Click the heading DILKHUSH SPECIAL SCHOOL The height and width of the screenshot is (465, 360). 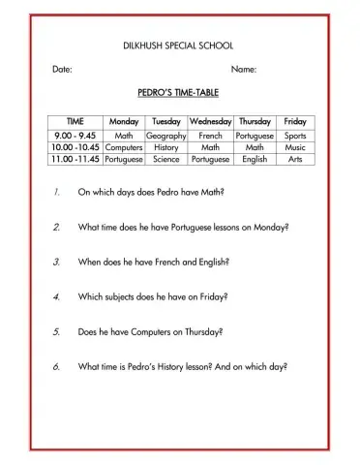click(178, 46)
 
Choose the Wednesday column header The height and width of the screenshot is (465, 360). click(211, 122)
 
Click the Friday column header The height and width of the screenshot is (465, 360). click(295, 122)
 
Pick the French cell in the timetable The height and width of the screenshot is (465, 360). click(211, 136)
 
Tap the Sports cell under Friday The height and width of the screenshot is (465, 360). click(295, 136)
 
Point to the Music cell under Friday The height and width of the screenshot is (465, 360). click(295, 147)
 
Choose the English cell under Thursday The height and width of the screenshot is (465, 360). click(255, 159)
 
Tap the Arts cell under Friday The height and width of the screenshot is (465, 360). click(295, 159)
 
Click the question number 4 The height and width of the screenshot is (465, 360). click(57, 296)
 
